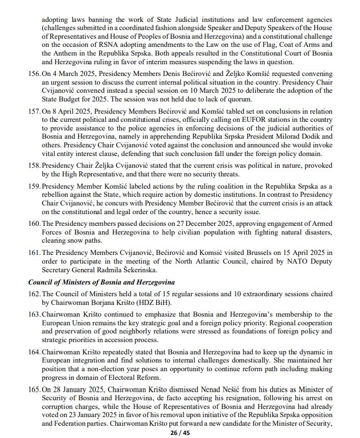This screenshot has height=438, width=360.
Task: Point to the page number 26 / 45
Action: click(180, 433)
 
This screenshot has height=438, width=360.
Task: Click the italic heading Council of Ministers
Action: click(101, 282)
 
